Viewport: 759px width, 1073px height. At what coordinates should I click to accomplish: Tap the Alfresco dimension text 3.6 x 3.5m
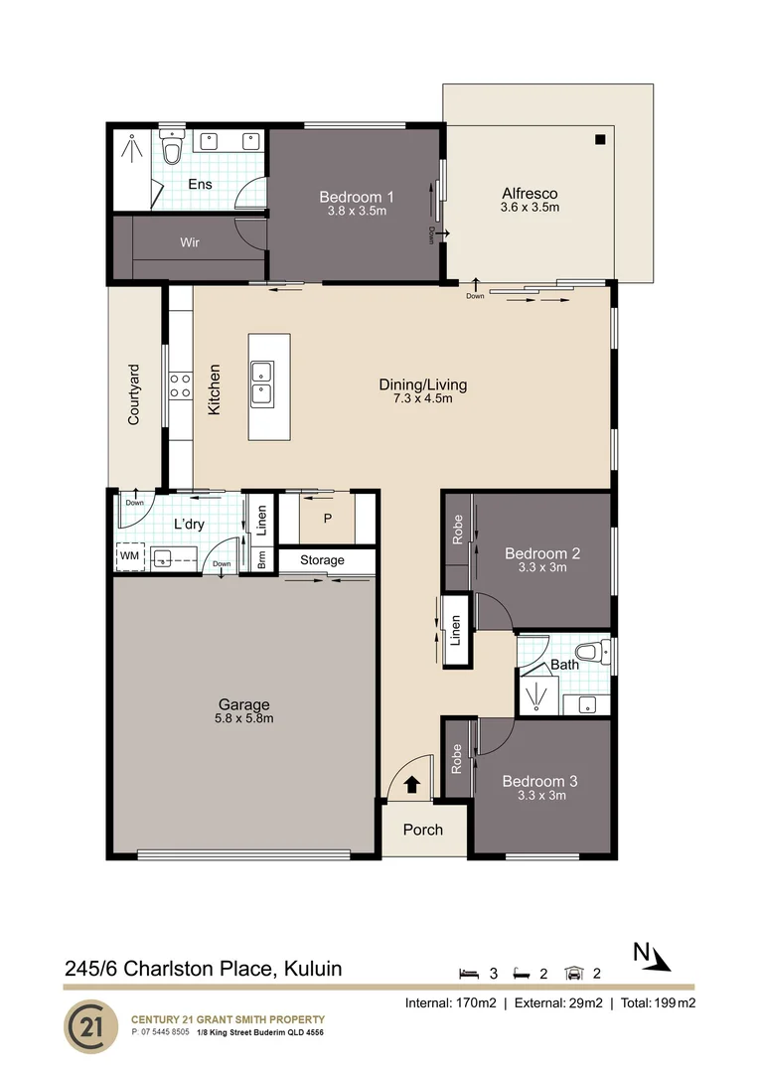pos(530,208)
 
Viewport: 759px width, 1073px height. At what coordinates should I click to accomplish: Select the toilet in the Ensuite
pos(173,149)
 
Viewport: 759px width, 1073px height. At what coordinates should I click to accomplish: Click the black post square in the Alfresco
pos(599,140)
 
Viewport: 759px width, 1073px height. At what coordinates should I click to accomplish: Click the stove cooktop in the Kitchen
pos(180,385)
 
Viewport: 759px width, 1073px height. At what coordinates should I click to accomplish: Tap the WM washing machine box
pos(129,556)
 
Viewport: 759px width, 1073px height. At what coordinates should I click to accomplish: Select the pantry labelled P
pos(327,519)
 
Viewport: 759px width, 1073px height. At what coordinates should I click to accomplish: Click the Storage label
pos(322,560)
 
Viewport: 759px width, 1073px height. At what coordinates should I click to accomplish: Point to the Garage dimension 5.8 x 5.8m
pos(243,718)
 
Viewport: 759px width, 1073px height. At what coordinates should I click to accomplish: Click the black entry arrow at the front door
pos(412,785)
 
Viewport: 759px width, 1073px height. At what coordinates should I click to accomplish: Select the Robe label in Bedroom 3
pos(458,760)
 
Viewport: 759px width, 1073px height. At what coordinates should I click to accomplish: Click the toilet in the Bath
pos(589,654)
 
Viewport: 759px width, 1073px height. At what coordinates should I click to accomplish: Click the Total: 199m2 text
pos(657,1002)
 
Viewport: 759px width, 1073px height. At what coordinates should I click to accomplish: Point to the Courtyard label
pos(134,394)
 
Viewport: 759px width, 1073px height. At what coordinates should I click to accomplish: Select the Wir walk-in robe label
pos(190,242)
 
